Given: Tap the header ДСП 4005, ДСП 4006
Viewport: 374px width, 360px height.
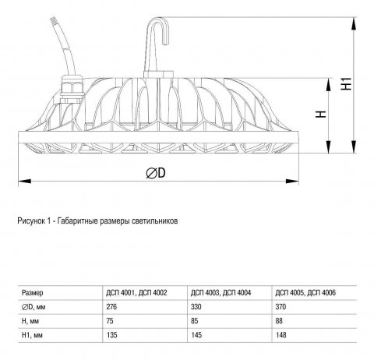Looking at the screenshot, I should tap(302, 294).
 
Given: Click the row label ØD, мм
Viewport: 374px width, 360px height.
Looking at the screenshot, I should tap(36, 307).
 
